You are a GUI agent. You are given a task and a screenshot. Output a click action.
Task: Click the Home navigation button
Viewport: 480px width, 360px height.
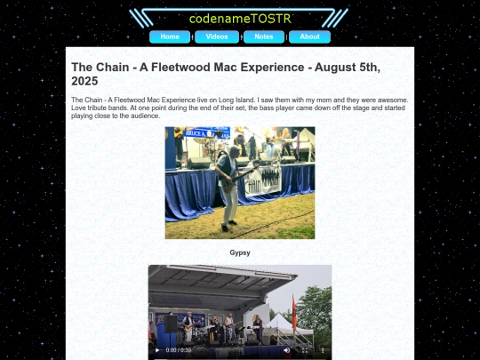(x=170, y=37)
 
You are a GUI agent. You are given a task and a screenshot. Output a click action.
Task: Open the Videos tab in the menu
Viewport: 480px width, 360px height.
(x=217, y=37)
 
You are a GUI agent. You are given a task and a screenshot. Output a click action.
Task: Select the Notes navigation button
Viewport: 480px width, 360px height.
(x=264, y=37)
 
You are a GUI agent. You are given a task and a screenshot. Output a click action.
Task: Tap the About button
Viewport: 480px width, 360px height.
(x=309, y=37)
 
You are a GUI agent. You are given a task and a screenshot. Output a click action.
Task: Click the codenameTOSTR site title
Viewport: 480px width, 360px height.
(x=240, y=18)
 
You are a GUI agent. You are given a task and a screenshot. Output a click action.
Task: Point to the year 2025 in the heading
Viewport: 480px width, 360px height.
(x=87, y=81)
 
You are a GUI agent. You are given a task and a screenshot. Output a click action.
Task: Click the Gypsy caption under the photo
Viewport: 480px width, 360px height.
(x=240, y=252)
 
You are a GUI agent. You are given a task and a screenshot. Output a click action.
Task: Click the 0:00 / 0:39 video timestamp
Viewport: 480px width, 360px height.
(x=178, y=349)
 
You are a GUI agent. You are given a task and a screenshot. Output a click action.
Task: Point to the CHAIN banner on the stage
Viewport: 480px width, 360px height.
(x=264, y=183)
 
